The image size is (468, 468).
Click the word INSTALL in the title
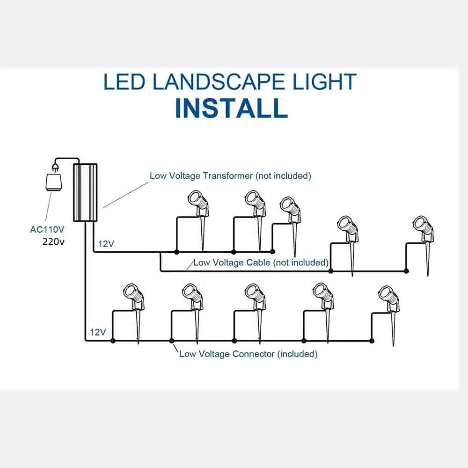(231, 108)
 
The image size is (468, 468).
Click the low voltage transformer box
(85, 192)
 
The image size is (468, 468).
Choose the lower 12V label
(98, 332)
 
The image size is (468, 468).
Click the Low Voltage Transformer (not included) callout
(230, 176)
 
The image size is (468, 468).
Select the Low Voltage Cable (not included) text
(260, 263)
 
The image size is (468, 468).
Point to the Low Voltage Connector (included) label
(248, 354)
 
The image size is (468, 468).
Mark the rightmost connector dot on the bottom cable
(372, 341)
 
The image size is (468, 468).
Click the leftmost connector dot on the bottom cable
(112, 341)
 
